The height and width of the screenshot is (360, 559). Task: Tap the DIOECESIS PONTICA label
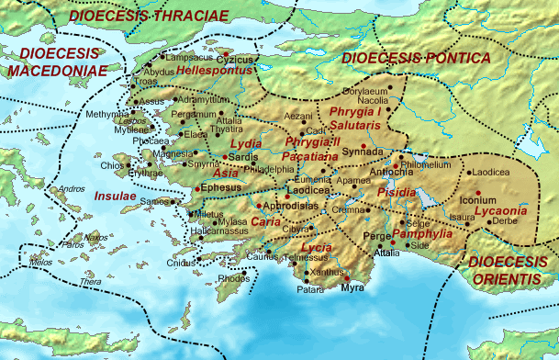pos(415,58)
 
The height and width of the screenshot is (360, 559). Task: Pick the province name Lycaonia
pos(500,211)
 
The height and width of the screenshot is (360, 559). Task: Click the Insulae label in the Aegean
pos(114,196)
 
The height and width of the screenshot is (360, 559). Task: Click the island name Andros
pos(71,189)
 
